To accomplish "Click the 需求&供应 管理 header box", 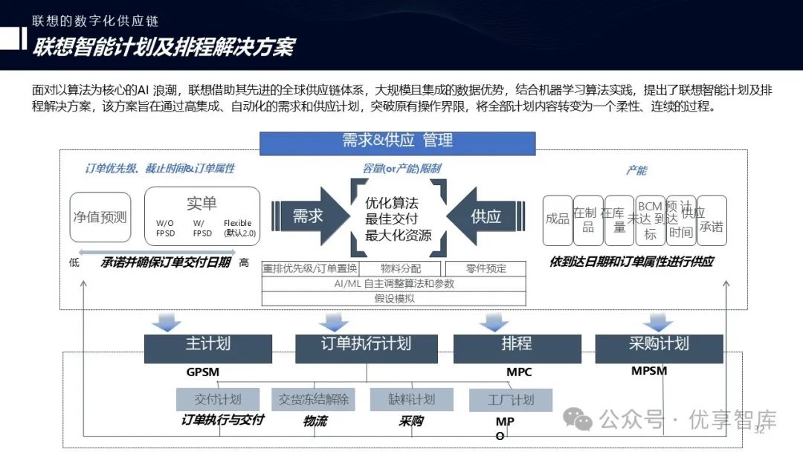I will pos(397,142).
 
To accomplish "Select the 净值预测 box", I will pos(100,217).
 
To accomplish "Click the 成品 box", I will pos(557,219).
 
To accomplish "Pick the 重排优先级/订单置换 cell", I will pos(310,268).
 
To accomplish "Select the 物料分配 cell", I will pos(401,268).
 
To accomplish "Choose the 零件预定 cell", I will pos(486,268).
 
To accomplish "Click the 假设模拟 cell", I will pos(394,298).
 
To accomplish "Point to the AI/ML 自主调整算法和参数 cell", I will pos(394,283).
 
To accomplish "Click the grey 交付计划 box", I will pos(218,399).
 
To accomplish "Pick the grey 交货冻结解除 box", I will pos(313,399).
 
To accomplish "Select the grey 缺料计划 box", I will pos(411,399).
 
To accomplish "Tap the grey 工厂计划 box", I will pos(510,400).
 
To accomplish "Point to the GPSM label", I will pos(203,372).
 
